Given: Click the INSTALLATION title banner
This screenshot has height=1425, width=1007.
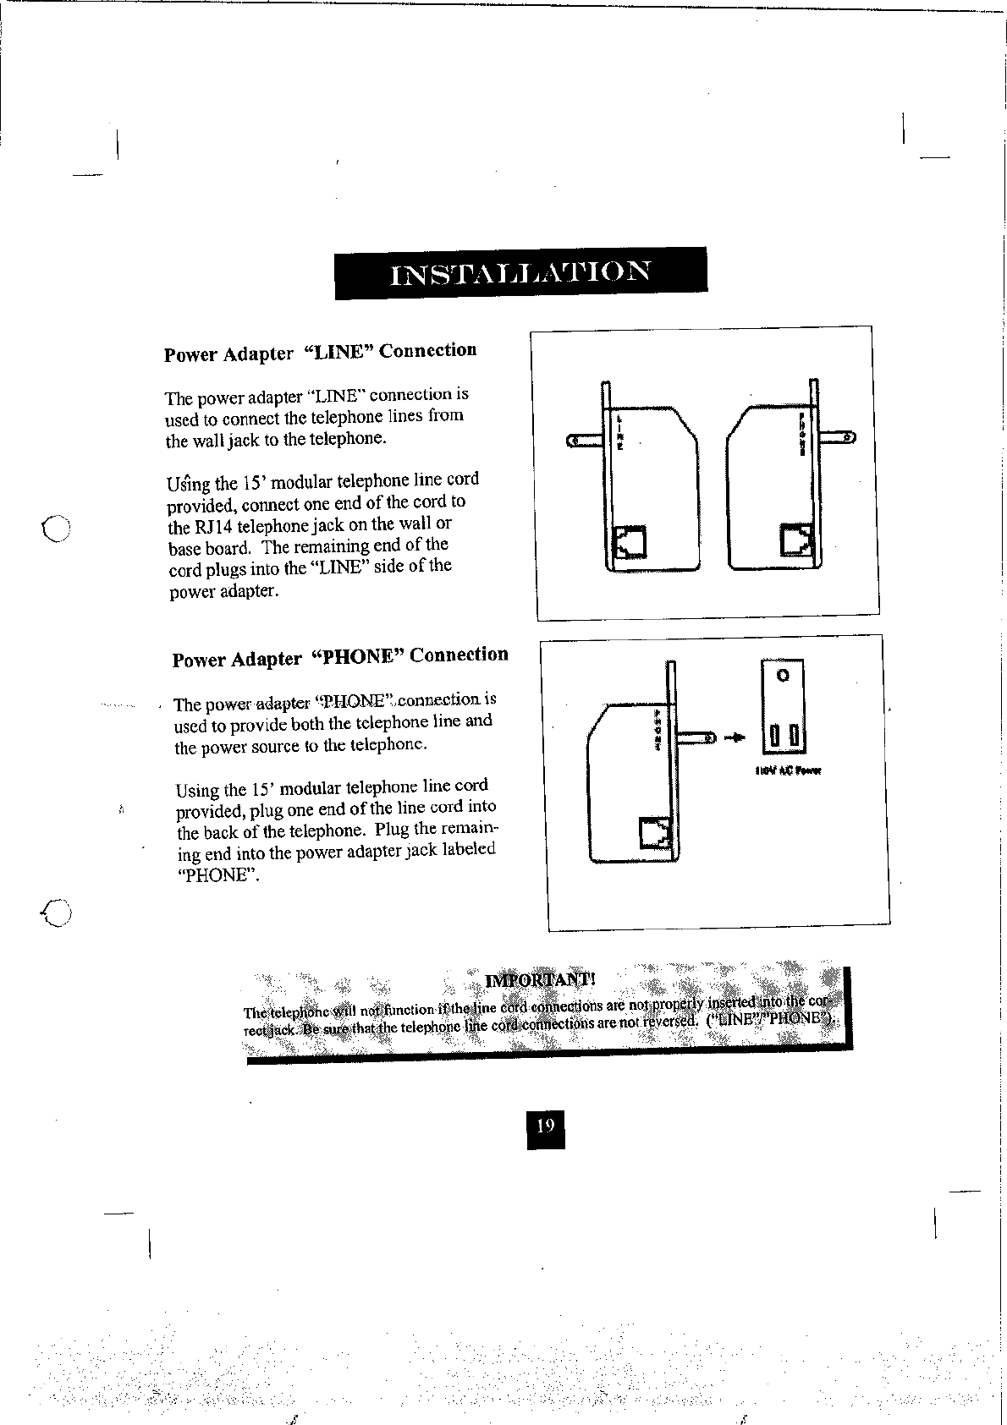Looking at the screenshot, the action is pyautogui.click(x=520, y=272).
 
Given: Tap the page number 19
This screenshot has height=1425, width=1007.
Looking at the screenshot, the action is pyautogui.click(x=545, y=1126).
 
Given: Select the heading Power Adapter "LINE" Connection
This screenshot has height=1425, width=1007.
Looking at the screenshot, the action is pyautogui.click(x=320, y=352).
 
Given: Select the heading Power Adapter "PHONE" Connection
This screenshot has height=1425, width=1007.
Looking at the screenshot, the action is pyautogui.click(x=340, y=657).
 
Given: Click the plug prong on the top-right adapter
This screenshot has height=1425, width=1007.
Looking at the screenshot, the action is pyautogui.click(x=838, y=436).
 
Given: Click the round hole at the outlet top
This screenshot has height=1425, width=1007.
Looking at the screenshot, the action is pyautogui.click(x=783, y=676).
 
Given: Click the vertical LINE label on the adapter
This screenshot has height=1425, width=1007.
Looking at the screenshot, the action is pyautogui.click(x=619, y=432).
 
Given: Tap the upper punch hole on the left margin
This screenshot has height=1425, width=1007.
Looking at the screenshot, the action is pyautogui.click(x=58, y=529).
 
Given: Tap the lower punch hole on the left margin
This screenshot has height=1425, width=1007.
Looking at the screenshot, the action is pyautogui.click(x=58, y=912).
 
